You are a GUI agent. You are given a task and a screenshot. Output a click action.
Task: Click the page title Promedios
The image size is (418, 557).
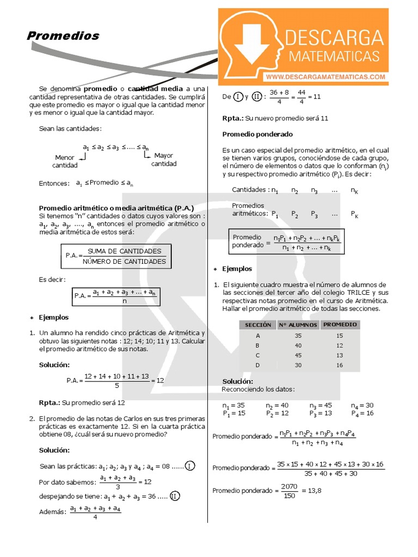pos(63,36)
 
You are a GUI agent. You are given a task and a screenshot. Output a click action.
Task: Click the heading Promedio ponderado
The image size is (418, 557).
pos(257,134)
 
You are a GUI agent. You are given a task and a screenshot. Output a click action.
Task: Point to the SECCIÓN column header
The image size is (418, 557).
pos(257,325)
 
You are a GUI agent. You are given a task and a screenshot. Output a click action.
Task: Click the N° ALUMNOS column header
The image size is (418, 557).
pos(298,325)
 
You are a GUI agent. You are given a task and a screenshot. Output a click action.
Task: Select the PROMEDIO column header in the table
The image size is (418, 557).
pos(340,324)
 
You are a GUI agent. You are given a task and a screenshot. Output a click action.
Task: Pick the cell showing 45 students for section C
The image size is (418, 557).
pos(298,355)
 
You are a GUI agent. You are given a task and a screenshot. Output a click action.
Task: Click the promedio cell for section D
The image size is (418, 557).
pos(340,365)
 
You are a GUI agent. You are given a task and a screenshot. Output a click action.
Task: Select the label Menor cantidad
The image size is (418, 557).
pos(65,161)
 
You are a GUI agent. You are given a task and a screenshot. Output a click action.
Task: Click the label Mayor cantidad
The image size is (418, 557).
pos(163,159)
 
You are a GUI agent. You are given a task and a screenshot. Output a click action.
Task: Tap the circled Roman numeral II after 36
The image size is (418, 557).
pos(175,496)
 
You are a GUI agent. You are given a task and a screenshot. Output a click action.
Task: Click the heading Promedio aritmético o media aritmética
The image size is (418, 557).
pos(113,208)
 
